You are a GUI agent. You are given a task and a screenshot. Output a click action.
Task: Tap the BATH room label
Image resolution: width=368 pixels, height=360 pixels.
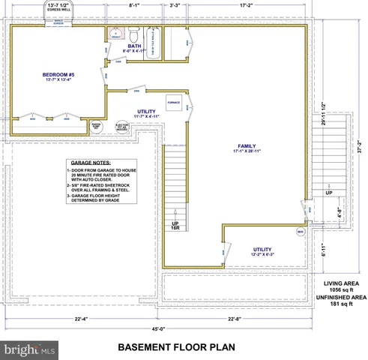tap(134, 46)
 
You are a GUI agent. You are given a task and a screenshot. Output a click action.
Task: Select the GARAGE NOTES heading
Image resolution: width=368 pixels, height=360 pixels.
tap(90, 162)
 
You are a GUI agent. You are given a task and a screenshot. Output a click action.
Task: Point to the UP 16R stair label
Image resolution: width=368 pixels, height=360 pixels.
tap(175, 226)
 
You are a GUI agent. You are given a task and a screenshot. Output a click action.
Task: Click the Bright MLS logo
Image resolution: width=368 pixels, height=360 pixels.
tap(29, 349)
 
